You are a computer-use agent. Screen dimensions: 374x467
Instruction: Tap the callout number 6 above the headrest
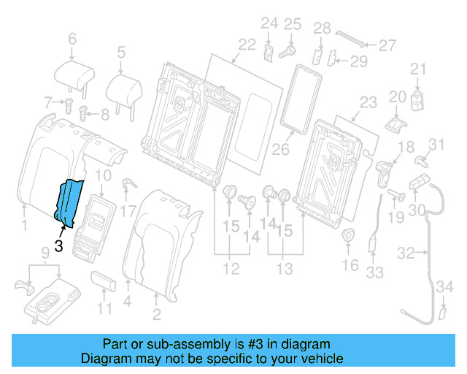click(x=72, y=38)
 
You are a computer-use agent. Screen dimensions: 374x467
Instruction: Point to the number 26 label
click(x=281, y=150)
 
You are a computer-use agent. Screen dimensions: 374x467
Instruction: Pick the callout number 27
click(x=387, y=45)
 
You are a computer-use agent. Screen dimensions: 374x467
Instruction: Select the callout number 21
click(x=417, y=69)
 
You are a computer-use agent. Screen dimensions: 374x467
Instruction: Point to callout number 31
click(x=436, y=144)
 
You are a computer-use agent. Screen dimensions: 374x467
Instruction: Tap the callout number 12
click(x=231, y=270)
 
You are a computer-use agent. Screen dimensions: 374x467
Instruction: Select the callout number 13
click(x=285, y=270)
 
